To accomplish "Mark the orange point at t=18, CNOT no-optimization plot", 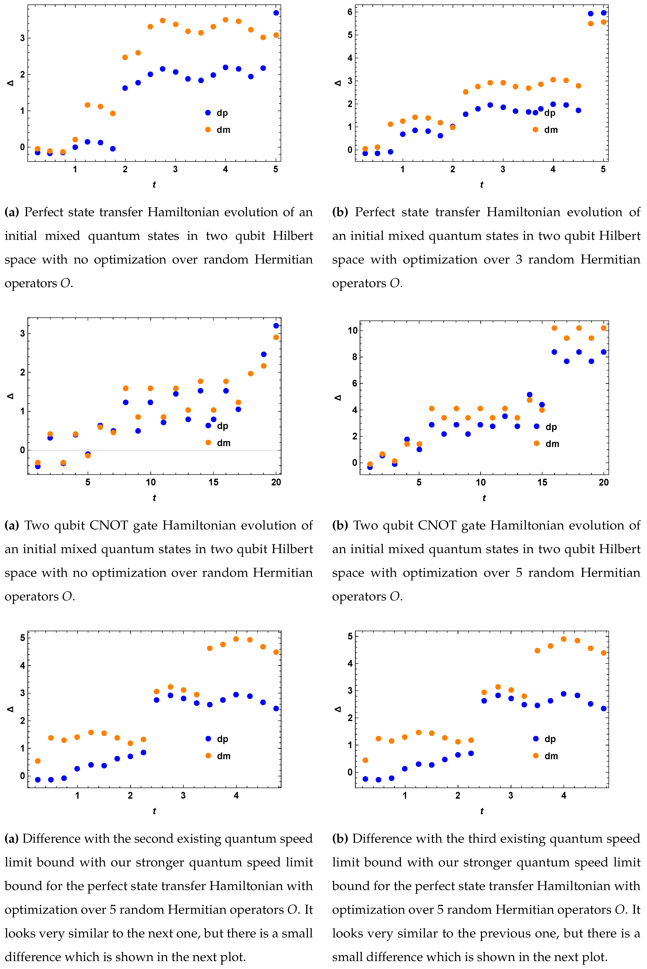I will click(x=250, y=373).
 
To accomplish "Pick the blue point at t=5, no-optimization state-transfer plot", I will click(x=276, y=13).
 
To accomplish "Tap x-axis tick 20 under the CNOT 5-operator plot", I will click(x=603, y=482).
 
